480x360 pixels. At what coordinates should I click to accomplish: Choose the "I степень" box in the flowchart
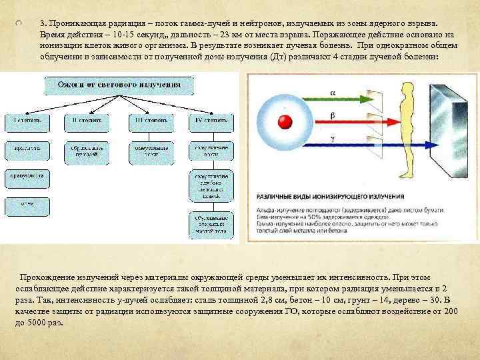pos(27,121)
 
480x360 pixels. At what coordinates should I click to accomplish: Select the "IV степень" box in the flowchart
pos(211,121)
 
